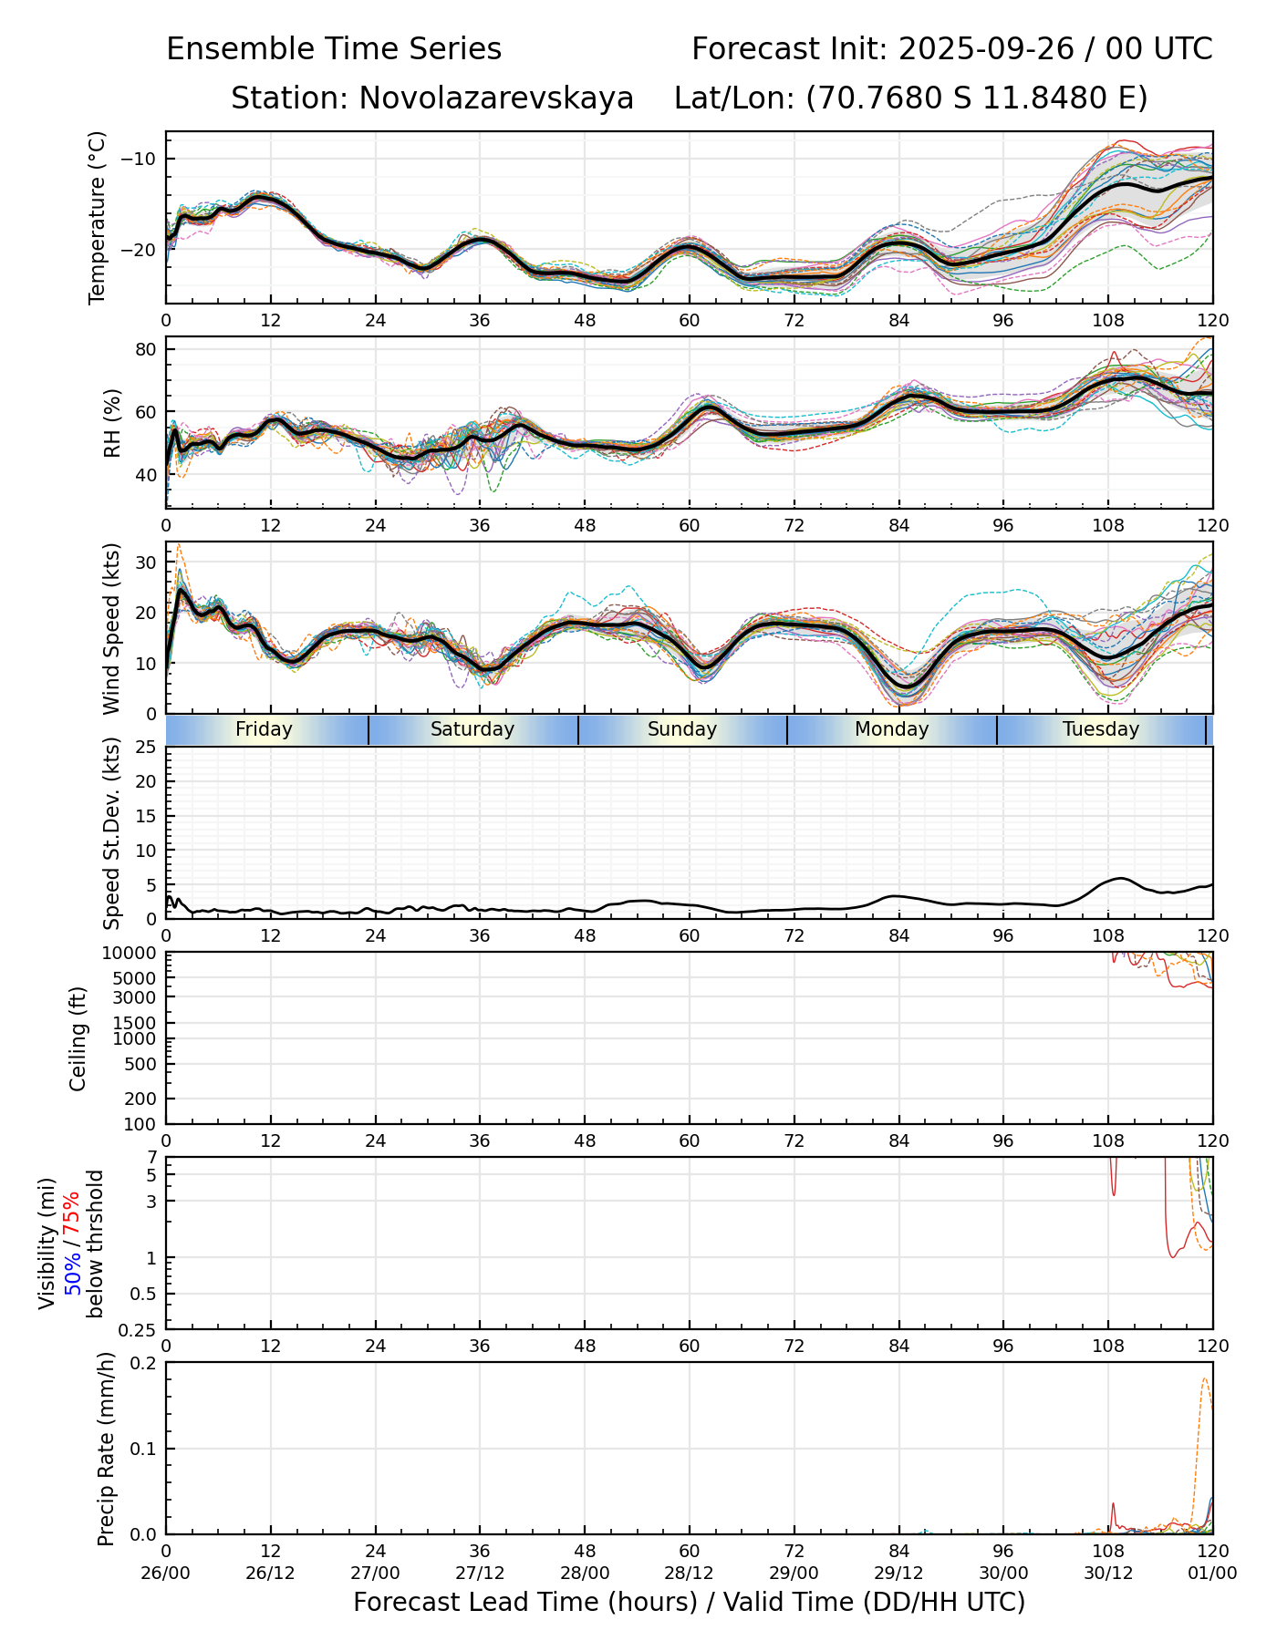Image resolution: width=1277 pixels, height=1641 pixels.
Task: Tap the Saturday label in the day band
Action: (472, 729)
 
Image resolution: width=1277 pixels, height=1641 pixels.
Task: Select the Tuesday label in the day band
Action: (1101, 729)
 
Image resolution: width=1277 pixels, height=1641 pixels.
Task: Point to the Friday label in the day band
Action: (264, 729)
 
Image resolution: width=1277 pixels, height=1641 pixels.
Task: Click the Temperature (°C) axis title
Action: (98, 217)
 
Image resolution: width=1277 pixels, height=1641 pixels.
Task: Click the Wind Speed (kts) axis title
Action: (111, 628)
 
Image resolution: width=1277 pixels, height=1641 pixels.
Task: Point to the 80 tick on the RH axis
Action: (146, 349)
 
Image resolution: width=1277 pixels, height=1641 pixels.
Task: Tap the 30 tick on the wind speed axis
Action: (146, 562)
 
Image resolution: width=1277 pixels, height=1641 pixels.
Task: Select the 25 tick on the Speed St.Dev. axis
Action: (146, 748)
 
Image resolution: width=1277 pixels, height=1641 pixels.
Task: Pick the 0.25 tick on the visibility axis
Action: (139, 1329)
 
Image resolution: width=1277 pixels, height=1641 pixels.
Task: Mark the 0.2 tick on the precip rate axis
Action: (142, 1363)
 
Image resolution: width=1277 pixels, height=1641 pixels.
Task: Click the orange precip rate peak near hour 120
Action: (1205, 1379)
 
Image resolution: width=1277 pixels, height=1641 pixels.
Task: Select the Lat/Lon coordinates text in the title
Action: (910, 98)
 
